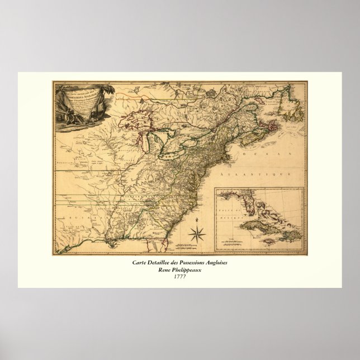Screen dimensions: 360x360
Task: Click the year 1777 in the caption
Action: pos(180,276)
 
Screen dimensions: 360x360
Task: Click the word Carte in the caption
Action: pos(140,263)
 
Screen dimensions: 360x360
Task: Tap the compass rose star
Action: pos(196,234)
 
